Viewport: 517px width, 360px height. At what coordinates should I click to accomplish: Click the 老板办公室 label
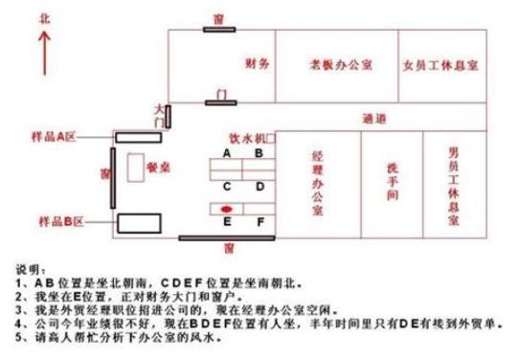tap(334, 67)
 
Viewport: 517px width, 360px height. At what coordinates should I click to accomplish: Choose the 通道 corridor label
tap(375, 120)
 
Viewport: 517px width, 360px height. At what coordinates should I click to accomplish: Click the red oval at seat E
tap(226, 207)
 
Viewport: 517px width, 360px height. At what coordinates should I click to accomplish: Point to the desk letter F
tap(258, 222)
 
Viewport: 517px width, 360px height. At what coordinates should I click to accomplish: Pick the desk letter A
tap(227, 152)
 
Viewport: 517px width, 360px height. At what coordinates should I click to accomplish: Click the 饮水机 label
tap(245, 139)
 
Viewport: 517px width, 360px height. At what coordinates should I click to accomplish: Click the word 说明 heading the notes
tap(30, 269)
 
